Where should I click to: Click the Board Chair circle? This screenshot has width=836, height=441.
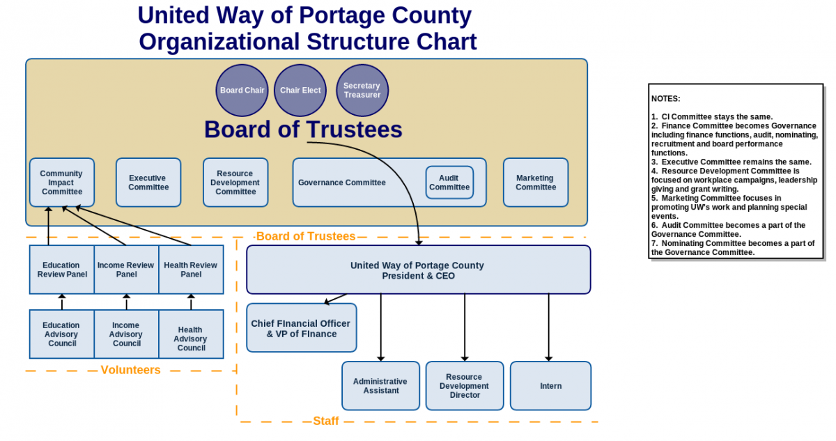pos(242,91)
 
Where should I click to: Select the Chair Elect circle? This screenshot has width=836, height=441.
pos(300,91)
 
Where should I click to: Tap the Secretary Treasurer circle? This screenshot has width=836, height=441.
pos(362,91)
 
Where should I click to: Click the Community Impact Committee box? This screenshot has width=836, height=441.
pos(62,183)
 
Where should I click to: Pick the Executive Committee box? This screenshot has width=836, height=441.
pos(148,183)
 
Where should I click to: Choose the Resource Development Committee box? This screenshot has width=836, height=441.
pos(235,183)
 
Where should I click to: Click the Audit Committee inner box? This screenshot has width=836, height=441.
pos(449,183)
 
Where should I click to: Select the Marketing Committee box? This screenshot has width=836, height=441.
pos(536,183)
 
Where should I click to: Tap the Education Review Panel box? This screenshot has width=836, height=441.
pos(62,270)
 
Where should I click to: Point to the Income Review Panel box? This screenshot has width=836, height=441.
pos(127,270)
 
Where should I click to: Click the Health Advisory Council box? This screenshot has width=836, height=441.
pos(191,334)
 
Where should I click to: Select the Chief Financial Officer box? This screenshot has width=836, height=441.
pos(302,327)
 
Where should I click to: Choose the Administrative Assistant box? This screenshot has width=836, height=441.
pos(380,386)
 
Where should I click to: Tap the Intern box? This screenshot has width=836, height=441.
pos(550,386)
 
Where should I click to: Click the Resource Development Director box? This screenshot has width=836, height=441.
pos(465,386)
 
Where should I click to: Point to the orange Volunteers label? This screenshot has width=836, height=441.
pos(131,370)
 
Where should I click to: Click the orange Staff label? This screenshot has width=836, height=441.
pos(326,421)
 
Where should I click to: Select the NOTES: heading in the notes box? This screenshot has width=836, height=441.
pos(666,99)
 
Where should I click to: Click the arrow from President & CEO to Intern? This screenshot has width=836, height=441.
pos(549,327)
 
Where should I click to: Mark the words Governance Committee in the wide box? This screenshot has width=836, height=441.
pos(342,183)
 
